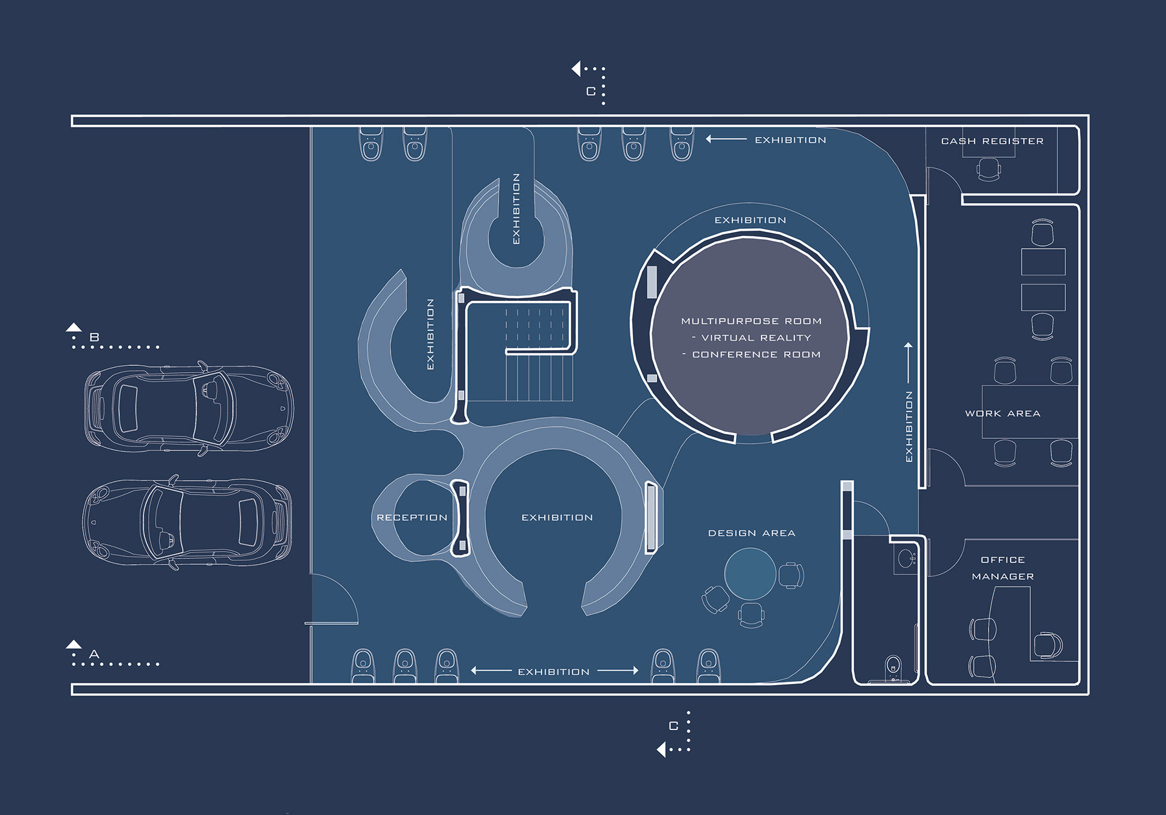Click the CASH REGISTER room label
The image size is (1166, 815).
[992, 141]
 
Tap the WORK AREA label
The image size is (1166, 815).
[1003, 414]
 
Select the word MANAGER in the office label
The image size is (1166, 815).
[1003, 577]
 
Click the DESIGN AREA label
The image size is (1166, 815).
[752, 533]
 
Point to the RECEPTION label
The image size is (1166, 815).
[412, 518]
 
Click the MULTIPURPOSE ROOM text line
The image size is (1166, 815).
[751, 321]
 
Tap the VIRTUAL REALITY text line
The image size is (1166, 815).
[756, 338]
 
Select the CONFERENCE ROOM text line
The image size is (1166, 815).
[756, 354]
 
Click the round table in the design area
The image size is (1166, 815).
[750, 573]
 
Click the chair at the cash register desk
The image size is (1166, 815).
[989, 169]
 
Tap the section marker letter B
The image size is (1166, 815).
[94, 337]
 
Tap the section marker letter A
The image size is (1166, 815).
[94, 654]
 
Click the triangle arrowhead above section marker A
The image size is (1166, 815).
[74, 644]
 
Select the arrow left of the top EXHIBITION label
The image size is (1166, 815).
[726, 140]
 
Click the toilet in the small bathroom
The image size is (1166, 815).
[893, 666]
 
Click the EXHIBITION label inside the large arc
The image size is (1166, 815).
[557, 518]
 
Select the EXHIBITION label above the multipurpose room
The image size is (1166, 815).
[750, 220]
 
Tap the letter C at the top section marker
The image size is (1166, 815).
[591, 92]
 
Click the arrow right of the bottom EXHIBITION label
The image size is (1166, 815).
[618, 671]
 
